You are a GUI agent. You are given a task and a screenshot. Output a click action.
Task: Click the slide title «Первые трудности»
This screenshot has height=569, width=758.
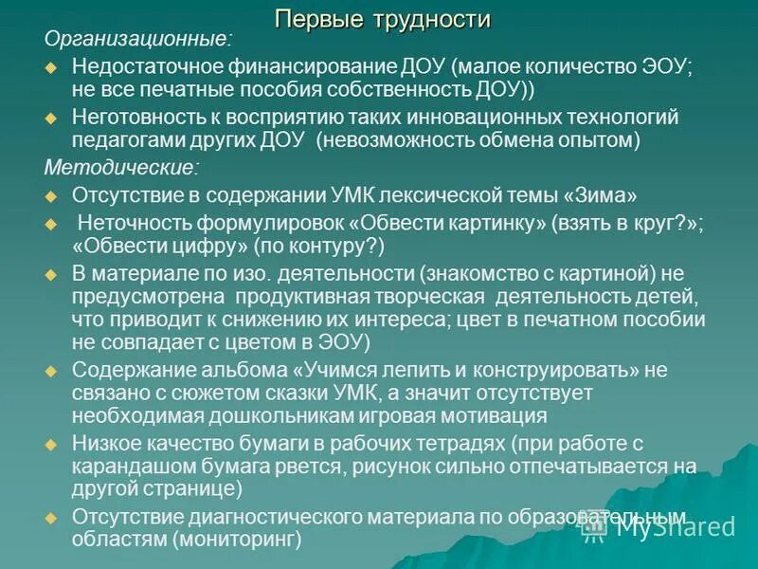(x=382, y=19)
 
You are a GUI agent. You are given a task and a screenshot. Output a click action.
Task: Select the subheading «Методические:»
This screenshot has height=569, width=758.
(x=122, y=168)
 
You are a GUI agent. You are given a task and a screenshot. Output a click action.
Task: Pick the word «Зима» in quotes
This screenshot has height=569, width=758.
(x=603, y=196)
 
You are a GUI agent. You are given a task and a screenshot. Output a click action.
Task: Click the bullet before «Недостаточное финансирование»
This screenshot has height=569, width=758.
(x=53, y=70)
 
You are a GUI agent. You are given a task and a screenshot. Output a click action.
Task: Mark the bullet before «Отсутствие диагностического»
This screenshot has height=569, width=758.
(x=53, y=518)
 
